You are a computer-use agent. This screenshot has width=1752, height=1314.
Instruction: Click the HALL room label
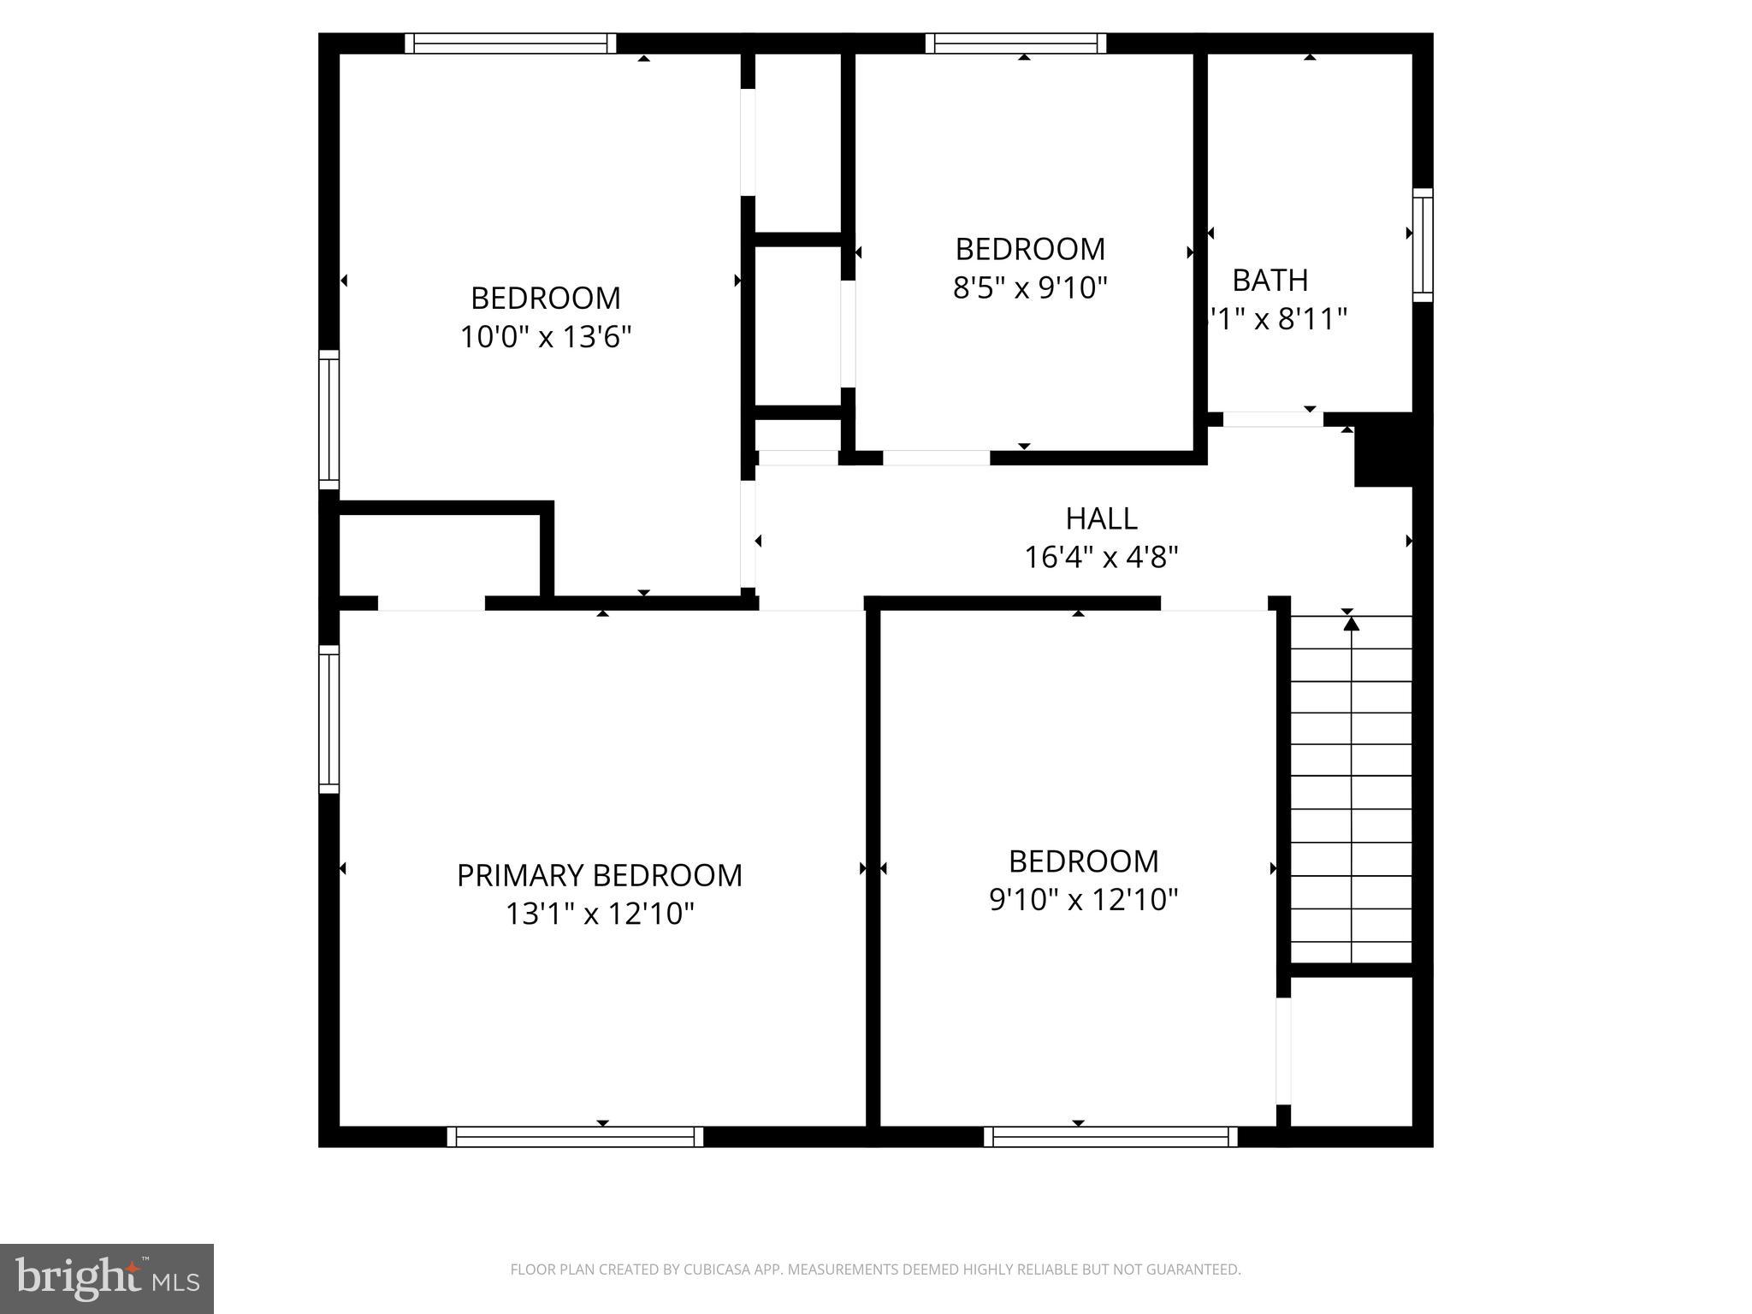click(1101, 518)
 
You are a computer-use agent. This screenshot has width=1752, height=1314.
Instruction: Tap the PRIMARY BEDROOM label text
click(599, 875)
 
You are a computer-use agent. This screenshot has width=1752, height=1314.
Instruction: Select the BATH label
click(1270, 280)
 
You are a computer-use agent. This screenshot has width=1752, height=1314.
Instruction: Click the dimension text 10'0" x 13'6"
click(546, 337)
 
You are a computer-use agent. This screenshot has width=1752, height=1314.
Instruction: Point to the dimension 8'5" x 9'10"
click(1030, 288)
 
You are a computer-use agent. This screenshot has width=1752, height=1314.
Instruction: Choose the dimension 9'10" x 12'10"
click(1084, 900)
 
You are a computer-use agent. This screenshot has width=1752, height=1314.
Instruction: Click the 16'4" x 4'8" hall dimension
click(1101, 558)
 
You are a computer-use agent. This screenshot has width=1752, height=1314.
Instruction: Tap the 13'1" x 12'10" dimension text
click(599, 914)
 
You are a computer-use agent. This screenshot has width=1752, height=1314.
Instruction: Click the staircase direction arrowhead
click(1351, 624)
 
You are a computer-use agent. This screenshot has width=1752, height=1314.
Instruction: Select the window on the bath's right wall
click(1422, 245)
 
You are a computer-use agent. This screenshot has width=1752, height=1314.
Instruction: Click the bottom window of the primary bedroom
click(575, 1136)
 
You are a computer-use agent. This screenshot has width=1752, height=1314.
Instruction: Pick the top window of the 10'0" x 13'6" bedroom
click(511, 44)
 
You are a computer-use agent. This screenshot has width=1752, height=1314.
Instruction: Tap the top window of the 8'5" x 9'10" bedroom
click(1015, 44)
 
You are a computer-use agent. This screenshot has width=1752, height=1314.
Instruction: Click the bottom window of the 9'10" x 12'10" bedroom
click(1110, 1136)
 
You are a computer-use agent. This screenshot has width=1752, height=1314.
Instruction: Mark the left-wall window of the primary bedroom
click(329, 719)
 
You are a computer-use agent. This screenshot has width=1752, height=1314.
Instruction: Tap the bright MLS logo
click(107, 1278)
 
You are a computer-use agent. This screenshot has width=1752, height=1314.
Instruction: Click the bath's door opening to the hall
click(1273, 419)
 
